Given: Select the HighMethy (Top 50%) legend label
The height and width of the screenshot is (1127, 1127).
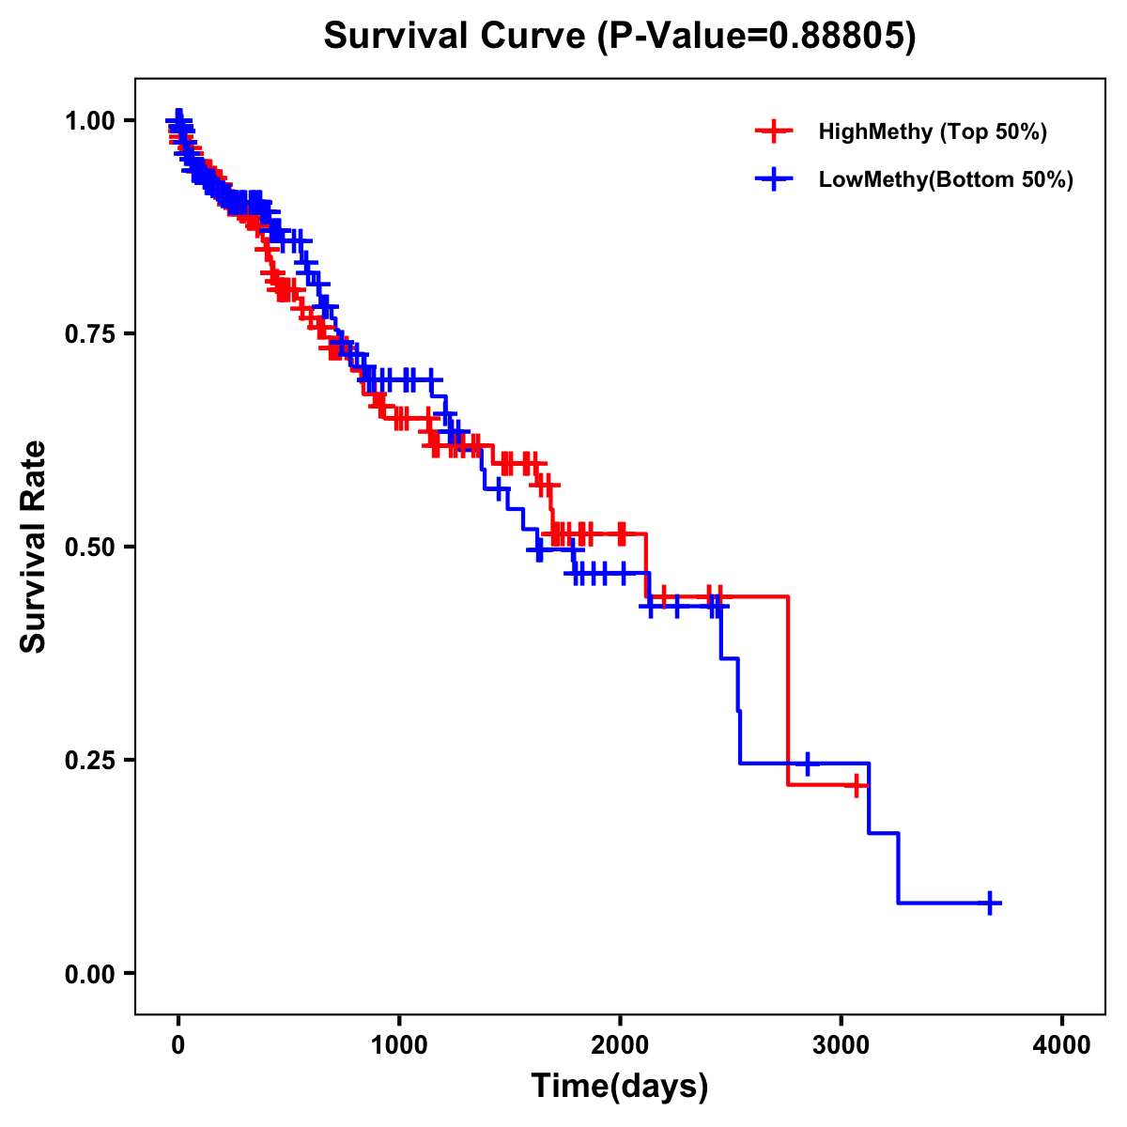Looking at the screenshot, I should coord(933,131).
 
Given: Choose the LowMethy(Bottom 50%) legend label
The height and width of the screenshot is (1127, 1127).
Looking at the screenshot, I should coord(946,179).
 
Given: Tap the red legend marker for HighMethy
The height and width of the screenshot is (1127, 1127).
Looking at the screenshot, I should coord(773,131).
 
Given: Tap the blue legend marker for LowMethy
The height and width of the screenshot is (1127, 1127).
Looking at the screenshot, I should coord(773,179).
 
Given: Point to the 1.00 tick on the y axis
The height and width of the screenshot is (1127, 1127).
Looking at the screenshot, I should coord(90,121).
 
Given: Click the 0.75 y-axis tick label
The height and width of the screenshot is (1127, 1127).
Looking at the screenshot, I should coord(90,334).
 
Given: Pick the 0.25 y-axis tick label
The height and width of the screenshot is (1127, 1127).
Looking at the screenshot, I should coord(90,761).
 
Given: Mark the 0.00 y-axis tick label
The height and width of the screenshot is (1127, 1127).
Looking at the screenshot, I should coord(90,974).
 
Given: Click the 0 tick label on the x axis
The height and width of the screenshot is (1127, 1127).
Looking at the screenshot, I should coord(178,1045).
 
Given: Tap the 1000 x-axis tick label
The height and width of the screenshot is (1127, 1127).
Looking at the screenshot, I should coord(399,1045).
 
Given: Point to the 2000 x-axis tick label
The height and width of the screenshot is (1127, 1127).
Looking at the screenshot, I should coord(620,1045).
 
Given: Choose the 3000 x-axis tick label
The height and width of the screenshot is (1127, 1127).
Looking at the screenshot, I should coord(841,1045).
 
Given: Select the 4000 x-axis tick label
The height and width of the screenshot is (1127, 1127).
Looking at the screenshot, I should coord(1062,1045).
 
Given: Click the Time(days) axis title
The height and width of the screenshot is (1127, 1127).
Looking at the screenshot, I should coord(620,1087).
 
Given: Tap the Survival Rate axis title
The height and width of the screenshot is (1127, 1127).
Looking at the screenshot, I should coord(34,547).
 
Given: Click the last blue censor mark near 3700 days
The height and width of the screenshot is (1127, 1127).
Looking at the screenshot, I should coord(989,903).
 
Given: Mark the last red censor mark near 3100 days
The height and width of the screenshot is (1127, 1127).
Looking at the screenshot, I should coord(857,785).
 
